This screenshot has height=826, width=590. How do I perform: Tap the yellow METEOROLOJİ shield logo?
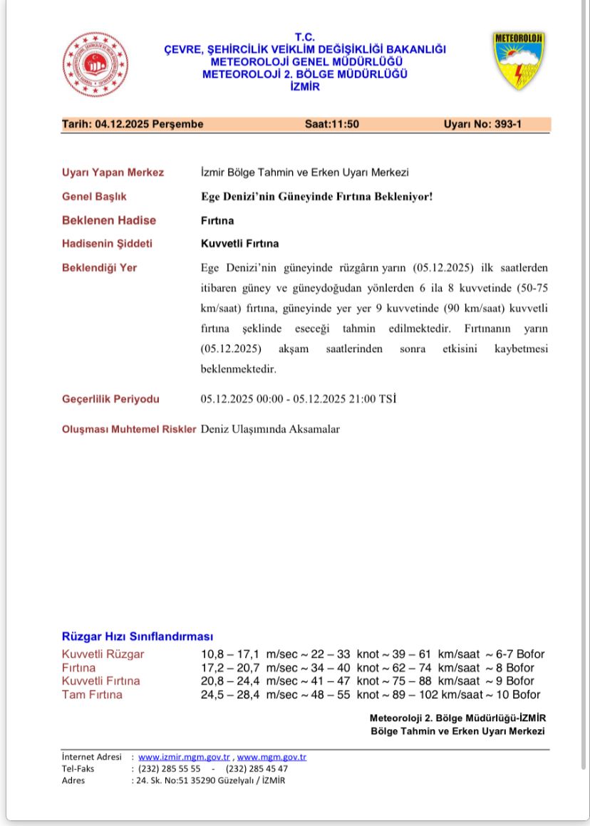(x=519, y=61)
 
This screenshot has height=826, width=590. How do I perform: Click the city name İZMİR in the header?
(x=305, y=87)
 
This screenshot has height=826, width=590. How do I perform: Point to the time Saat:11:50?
(x=332, y=124)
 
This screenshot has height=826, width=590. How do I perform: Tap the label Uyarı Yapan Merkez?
(x=113, y=172)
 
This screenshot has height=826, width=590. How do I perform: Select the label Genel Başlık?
(x=94, y=196)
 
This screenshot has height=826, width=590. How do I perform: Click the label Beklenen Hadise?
(x=109, y=220)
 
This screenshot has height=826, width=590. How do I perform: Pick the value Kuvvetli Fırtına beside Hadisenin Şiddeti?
(x=240, y=244)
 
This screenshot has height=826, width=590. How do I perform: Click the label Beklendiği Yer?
(x=99, y=268)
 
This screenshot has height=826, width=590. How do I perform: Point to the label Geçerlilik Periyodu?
(x=110, y=399)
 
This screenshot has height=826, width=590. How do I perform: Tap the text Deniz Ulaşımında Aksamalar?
(x=270, y=430)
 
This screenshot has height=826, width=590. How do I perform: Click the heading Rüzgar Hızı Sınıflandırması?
(x=138, y=636)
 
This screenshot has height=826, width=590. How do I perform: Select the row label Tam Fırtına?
(x=92, y=695)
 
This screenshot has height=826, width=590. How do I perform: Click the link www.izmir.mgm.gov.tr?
(x=184, y=757)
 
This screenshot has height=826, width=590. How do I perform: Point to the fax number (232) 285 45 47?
(x=257, y=768)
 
